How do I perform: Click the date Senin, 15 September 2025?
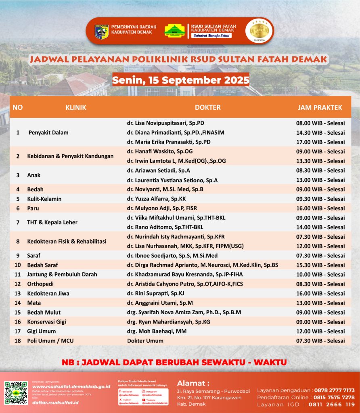[x=180, y=80]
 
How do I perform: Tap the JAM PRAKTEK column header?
[x=320, y=107]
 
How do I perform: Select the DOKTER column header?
[x=207, y=107]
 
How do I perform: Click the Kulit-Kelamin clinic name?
[x=44, y=199]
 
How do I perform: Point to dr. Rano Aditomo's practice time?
[x=320, y=227]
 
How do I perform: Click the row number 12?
[x=17, y=284]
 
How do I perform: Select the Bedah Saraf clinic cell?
[x=42, y=265]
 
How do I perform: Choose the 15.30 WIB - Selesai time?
[x=320, y=265]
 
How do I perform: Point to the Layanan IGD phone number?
[x=332, y=404]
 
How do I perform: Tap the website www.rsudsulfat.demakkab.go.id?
[x=71, y=386]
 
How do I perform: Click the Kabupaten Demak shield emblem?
[x=101, y=31]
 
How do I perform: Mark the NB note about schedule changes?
[x=174, y=362]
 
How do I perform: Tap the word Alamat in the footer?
[x=193, y=383]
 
